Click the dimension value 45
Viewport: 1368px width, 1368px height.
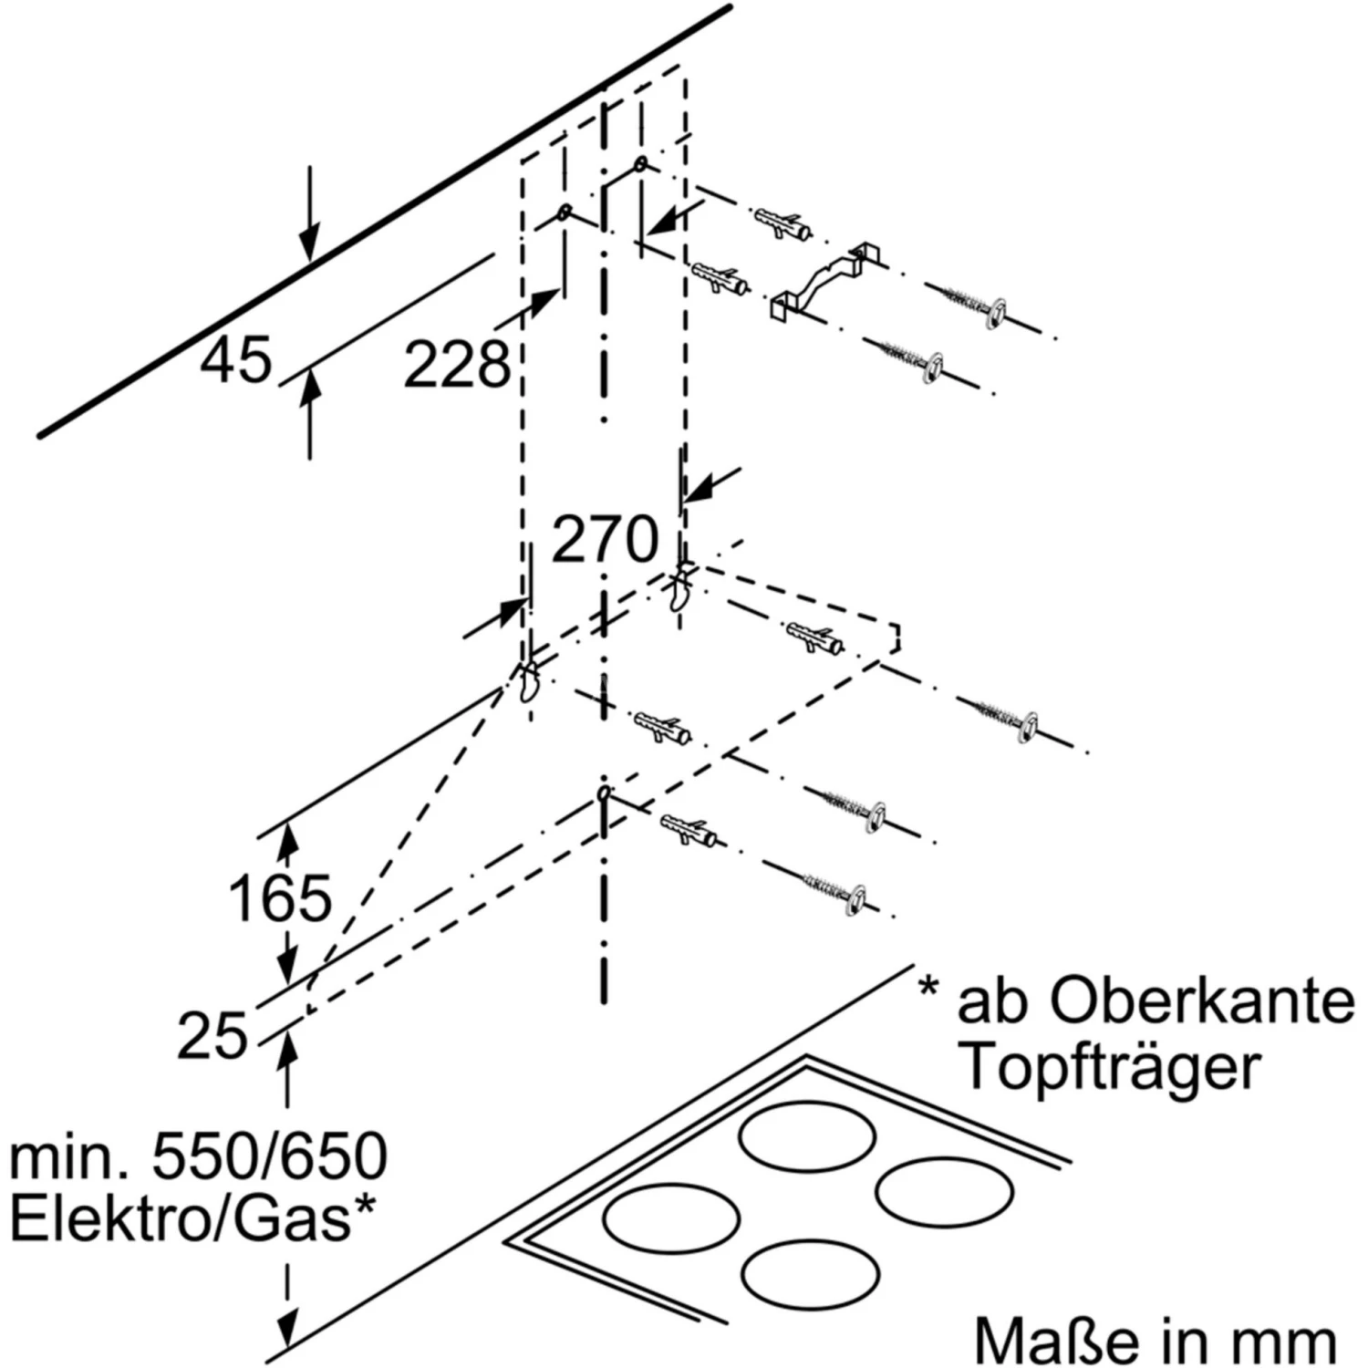coord(236,360)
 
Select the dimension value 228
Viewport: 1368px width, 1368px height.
coord(457,365)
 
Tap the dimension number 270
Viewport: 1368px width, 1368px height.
coord(605,539)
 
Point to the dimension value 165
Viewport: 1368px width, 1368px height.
coord(280,898)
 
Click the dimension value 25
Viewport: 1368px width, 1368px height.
coord(212,1036)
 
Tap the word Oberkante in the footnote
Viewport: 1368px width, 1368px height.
coord(1202,1001)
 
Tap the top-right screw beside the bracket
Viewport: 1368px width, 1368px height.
coord(967,302)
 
